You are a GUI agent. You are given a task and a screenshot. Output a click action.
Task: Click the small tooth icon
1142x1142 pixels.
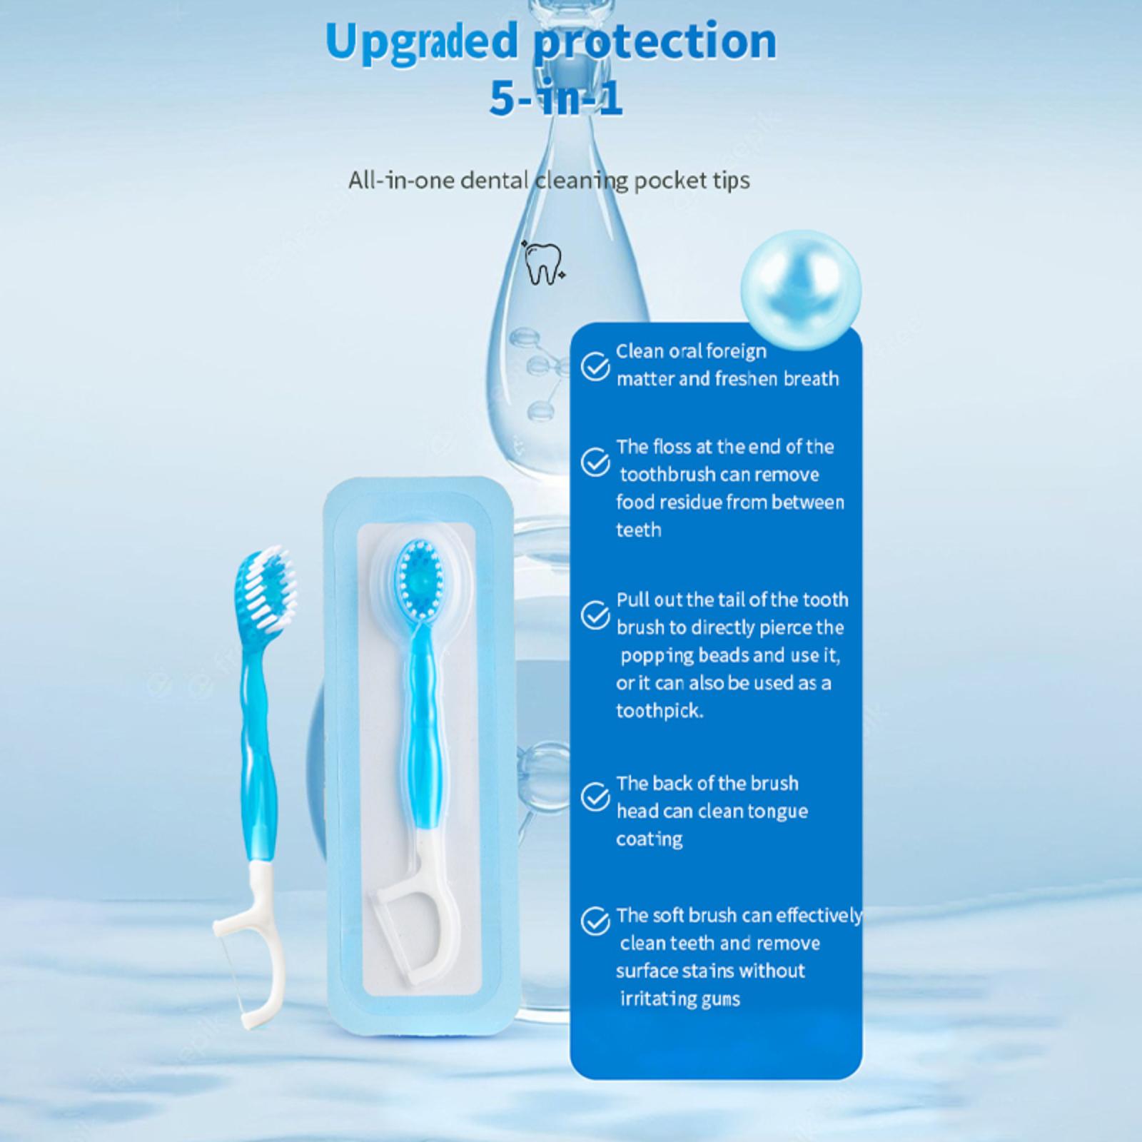(544, 262)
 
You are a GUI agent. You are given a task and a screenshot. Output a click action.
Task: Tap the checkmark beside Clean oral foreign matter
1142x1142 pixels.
(595, 366)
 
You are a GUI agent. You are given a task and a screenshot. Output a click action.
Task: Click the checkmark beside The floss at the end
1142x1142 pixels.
(595, 462)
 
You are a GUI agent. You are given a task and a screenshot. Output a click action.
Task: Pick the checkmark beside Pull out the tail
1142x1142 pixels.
(595, 615)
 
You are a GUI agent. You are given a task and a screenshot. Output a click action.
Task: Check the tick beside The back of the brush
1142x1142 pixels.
(595, 797)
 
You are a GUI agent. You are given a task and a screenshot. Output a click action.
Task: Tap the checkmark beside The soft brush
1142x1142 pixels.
(595, 921)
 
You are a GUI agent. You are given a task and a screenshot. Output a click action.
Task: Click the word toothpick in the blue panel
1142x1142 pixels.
(660, 711)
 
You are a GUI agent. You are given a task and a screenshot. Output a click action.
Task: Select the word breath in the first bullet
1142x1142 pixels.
(812, 378)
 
